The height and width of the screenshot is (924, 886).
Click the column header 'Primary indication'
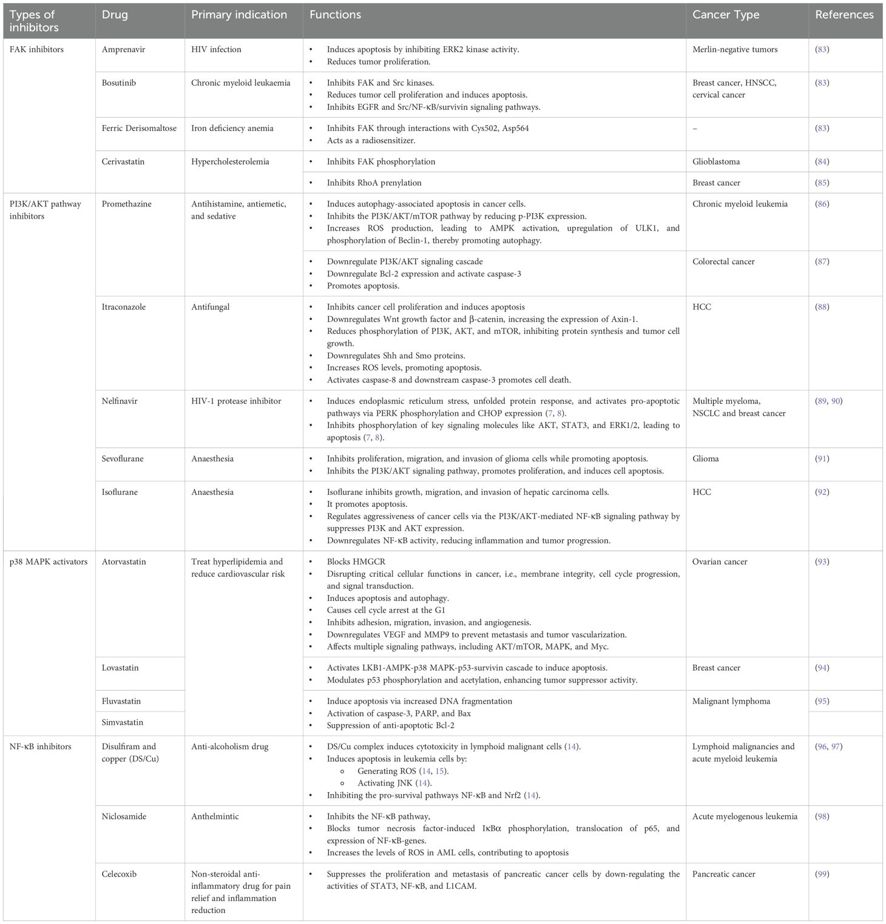(x=239, y=15)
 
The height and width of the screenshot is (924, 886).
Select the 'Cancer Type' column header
(x=726, y=15)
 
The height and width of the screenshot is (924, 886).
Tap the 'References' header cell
(x=844, y=15)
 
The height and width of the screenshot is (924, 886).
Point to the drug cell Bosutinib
(x=119, y=83)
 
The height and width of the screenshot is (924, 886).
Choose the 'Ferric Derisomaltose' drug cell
(x=139, y=128)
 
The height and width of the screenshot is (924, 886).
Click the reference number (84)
(x=822, y=161)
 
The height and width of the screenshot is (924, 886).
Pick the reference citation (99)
(x=822, y=874)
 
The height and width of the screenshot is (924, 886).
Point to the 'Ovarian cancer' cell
(x=720, y=562)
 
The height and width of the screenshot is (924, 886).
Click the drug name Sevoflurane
(x=123, y=458)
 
